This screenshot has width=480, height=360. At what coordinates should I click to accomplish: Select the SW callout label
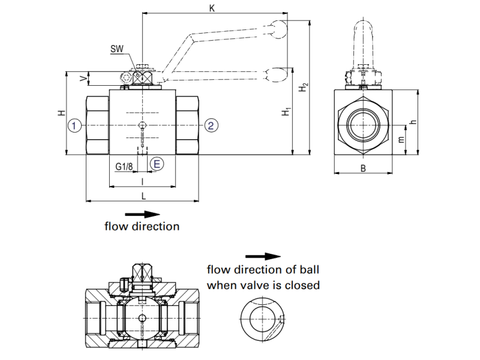point(117,49)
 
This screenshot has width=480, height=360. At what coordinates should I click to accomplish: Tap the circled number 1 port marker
point(74,125)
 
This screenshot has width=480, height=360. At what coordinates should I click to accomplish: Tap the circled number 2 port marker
point(211,125)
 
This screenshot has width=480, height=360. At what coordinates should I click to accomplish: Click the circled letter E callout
point(156,163)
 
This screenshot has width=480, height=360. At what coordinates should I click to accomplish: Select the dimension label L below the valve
point(143,196)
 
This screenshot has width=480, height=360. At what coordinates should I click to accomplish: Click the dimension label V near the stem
point(83,78)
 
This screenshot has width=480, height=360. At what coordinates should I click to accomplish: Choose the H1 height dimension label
point(287,111)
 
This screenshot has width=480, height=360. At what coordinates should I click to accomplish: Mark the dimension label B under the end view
point(363,169)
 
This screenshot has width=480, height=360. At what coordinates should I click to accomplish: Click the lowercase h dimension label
point(412,122)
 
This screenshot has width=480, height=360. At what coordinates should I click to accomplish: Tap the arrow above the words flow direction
point(143,214)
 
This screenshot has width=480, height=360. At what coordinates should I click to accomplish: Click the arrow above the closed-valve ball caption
point(263,256)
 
